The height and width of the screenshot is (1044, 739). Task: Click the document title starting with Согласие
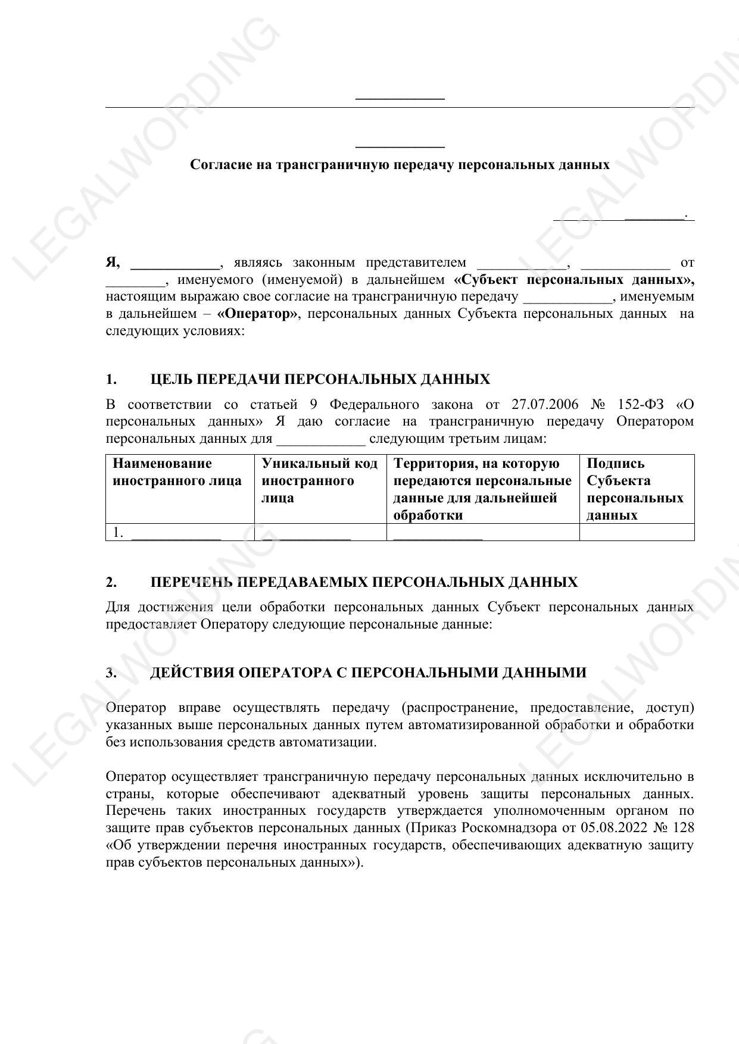tap(400, 165)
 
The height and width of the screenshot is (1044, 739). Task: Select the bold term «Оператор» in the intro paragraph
tap(258, 314)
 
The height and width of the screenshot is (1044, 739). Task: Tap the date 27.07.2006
tap(544, 405)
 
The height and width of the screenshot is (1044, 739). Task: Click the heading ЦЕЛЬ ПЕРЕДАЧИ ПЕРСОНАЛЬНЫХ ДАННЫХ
tap(320, 380)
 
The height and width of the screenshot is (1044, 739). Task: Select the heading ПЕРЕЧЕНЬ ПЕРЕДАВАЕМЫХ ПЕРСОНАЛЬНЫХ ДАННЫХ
tap(364, 582)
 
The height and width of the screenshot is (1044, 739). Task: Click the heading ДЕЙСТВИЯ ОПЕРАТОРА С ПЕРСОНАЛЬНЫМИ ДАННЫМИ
tap(368, 673)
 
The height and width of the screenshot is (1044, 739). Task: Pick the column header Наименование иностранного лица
tap(177, 472)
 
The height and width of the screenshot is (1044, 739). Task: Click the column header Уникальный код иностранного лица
tap(320, 480)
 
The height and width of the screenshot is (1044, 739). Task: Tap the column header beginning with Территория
tap(482, 489)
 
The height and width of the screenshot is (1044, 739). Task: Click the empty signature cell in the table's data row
tap(637, 532)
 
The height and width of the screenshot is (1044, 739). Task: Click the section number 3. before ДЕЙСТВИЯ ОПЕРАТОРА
tap(111, 673)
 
